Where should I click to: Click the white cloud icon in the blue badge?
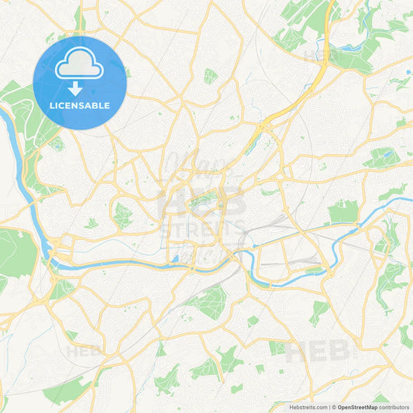pos(79,66)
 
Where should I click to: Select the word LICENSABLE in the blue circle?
pos(79,105)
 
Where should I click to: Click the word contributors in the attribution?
pos(394,407)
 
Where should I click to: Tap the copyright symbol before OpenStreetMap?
pos(333,407)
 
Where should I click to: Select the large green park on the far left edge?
pos(15,252)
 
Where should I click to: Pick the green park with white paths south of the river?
pos(208,302)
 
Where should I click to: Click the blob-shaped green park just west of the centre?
pos(122,215)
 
